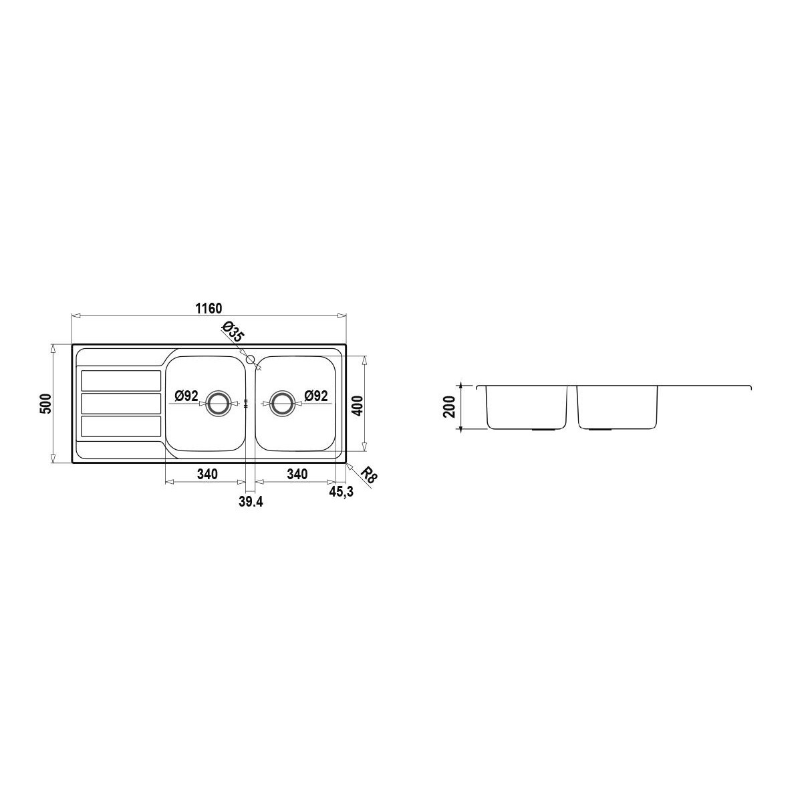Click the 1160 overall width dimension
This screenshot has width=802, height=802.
click(209, 308)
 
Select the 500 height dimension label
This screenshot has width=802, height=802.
click(45, 403)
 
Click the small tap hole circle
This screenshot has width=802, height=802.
click(251, 359)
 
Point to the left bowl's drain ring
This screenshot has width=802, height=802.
click(217, 403)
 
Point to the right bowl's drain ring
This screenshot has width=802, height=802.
click(282, 403)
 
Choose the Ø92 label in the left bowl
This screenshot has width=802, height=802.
click(186, 396)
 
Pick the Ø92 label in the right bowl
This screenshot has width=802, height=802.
click(316, 396)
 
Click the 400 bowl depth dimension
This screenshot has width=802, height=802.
click(358, 404)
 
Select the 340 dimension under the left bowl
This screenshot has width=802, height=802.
click(207, 474)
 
